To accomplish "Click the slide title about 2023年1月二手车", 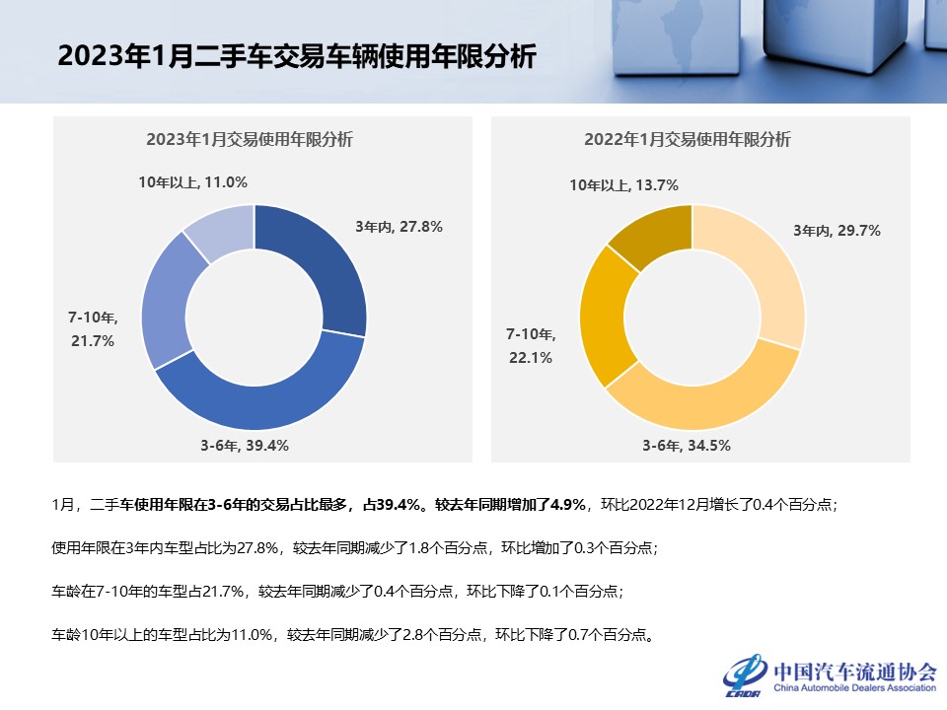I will point(296,55).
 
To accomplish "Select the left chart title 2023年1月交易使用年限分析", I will point(250,139).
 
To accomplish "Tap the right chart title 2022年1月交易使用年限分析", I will point(688,139).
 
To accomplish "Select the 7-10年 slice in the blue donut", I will point(167,306).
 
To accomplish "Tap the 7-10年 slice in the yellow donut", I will point(605,311).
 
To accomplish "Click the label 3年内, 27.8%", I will point(399,226).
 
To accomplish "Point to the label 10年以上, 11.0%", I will point(192,181).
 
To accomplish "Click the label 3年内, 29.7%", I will point(837,231).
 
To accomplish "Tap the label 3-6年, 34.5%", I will point(687,445).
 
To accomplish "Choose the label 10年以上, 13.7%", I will point(622,184).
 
